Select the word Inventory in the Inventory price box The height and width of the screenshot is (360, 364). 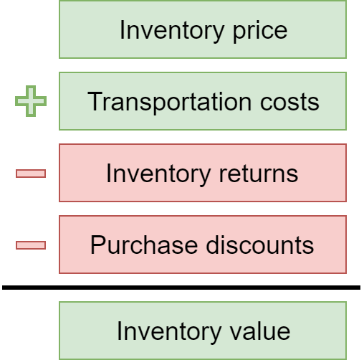[x=172, y=31]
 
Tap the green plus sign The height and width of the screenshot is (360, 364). [x=31, y=101]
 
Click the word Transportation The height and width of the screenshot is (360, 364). [x=169, y=102]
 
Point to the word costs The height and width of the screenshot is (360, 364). [x=289, y=102]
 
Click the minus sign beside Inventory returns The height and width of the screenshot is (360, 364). [x=31, y=174]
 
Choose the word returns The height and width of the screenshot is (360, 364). [x=259, y=174]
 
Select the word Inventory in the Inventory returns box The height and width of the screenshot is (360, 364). [x=158, y=174]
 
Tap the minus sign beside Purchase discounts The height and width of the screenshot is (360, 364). [x=31, y=245]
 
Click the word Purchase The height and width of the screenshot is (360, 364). [x=144, y=245]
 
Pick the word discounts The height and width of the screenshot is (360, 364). [x=260, y=245]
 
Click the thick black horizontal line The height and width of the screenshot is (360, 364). [x=181, y=288]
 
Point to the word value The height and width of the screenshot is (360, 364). [x=260, y=331]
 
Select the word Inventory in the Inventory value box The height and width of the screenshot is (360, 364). [x=169, y=332]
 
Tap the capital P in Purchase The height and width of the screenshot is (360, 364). [x=98, y=245]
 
